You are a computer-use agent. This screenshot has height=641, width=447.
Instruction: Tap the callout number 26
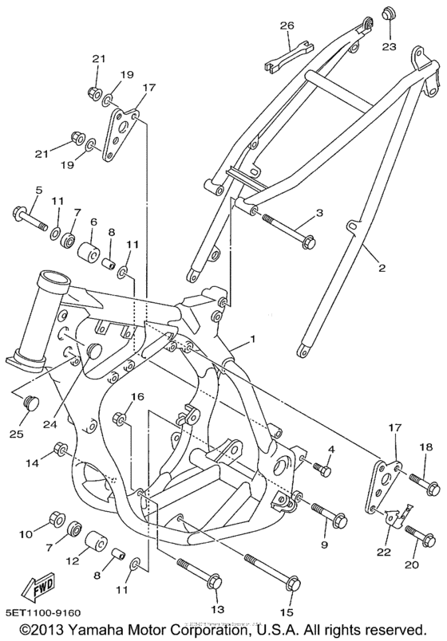287,26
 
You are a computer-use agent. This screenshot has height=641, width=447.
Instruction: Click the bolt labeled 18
421,482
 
